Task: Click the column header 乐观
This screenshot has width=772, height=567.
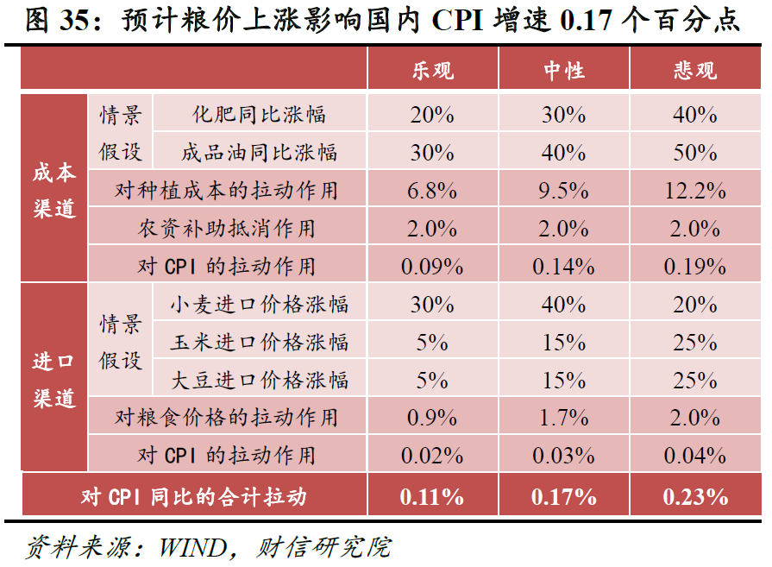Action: [432, 70]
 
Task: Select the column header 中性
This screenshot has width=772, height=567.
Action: [563, 70]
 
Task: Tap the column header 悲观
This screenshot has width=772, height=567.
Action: [695, 70]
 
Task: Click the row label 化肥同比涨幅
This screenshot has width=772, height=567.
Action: [259, 114]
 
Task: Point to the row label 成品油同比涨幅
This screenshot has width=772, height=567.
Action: [259, 153]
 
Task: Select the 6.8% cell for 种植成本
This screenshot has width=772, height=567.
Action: [432, 191]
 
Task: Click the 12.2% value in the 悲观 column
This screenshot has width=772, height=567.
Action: [695, 191]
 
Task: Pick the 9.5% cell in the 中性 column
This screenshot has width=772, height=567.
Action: [563, 191]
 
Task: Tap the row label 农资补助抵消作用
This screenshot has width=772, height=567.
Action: [227, 229]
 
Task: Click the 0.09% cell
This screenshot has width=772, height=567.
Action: [432, 266]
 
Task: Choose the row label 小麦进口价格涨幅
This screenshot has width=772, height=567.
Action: [259, 304]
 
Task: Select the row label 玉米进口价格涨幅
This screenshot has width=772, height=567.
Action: [259, 342]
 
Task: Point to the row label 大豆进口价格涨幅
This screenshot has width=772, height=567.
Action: [259, 380]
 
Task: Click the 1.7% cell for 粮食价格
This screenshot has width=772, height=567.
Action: [563, 418]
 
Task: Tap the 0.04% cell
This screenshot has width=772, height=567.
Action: [695, 456]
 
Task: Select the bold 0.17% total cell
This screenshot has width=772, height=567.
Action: [563, 496]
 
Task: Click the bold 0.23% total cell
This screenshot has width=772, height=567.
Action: [695, 496]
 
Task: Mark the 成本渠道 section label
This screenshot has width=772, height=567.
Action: [54, 190]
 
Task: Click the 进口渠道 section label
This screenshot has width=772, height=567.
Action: [54, 380]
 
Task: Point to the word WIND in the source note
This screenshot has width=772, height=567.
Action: [190, 546]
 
